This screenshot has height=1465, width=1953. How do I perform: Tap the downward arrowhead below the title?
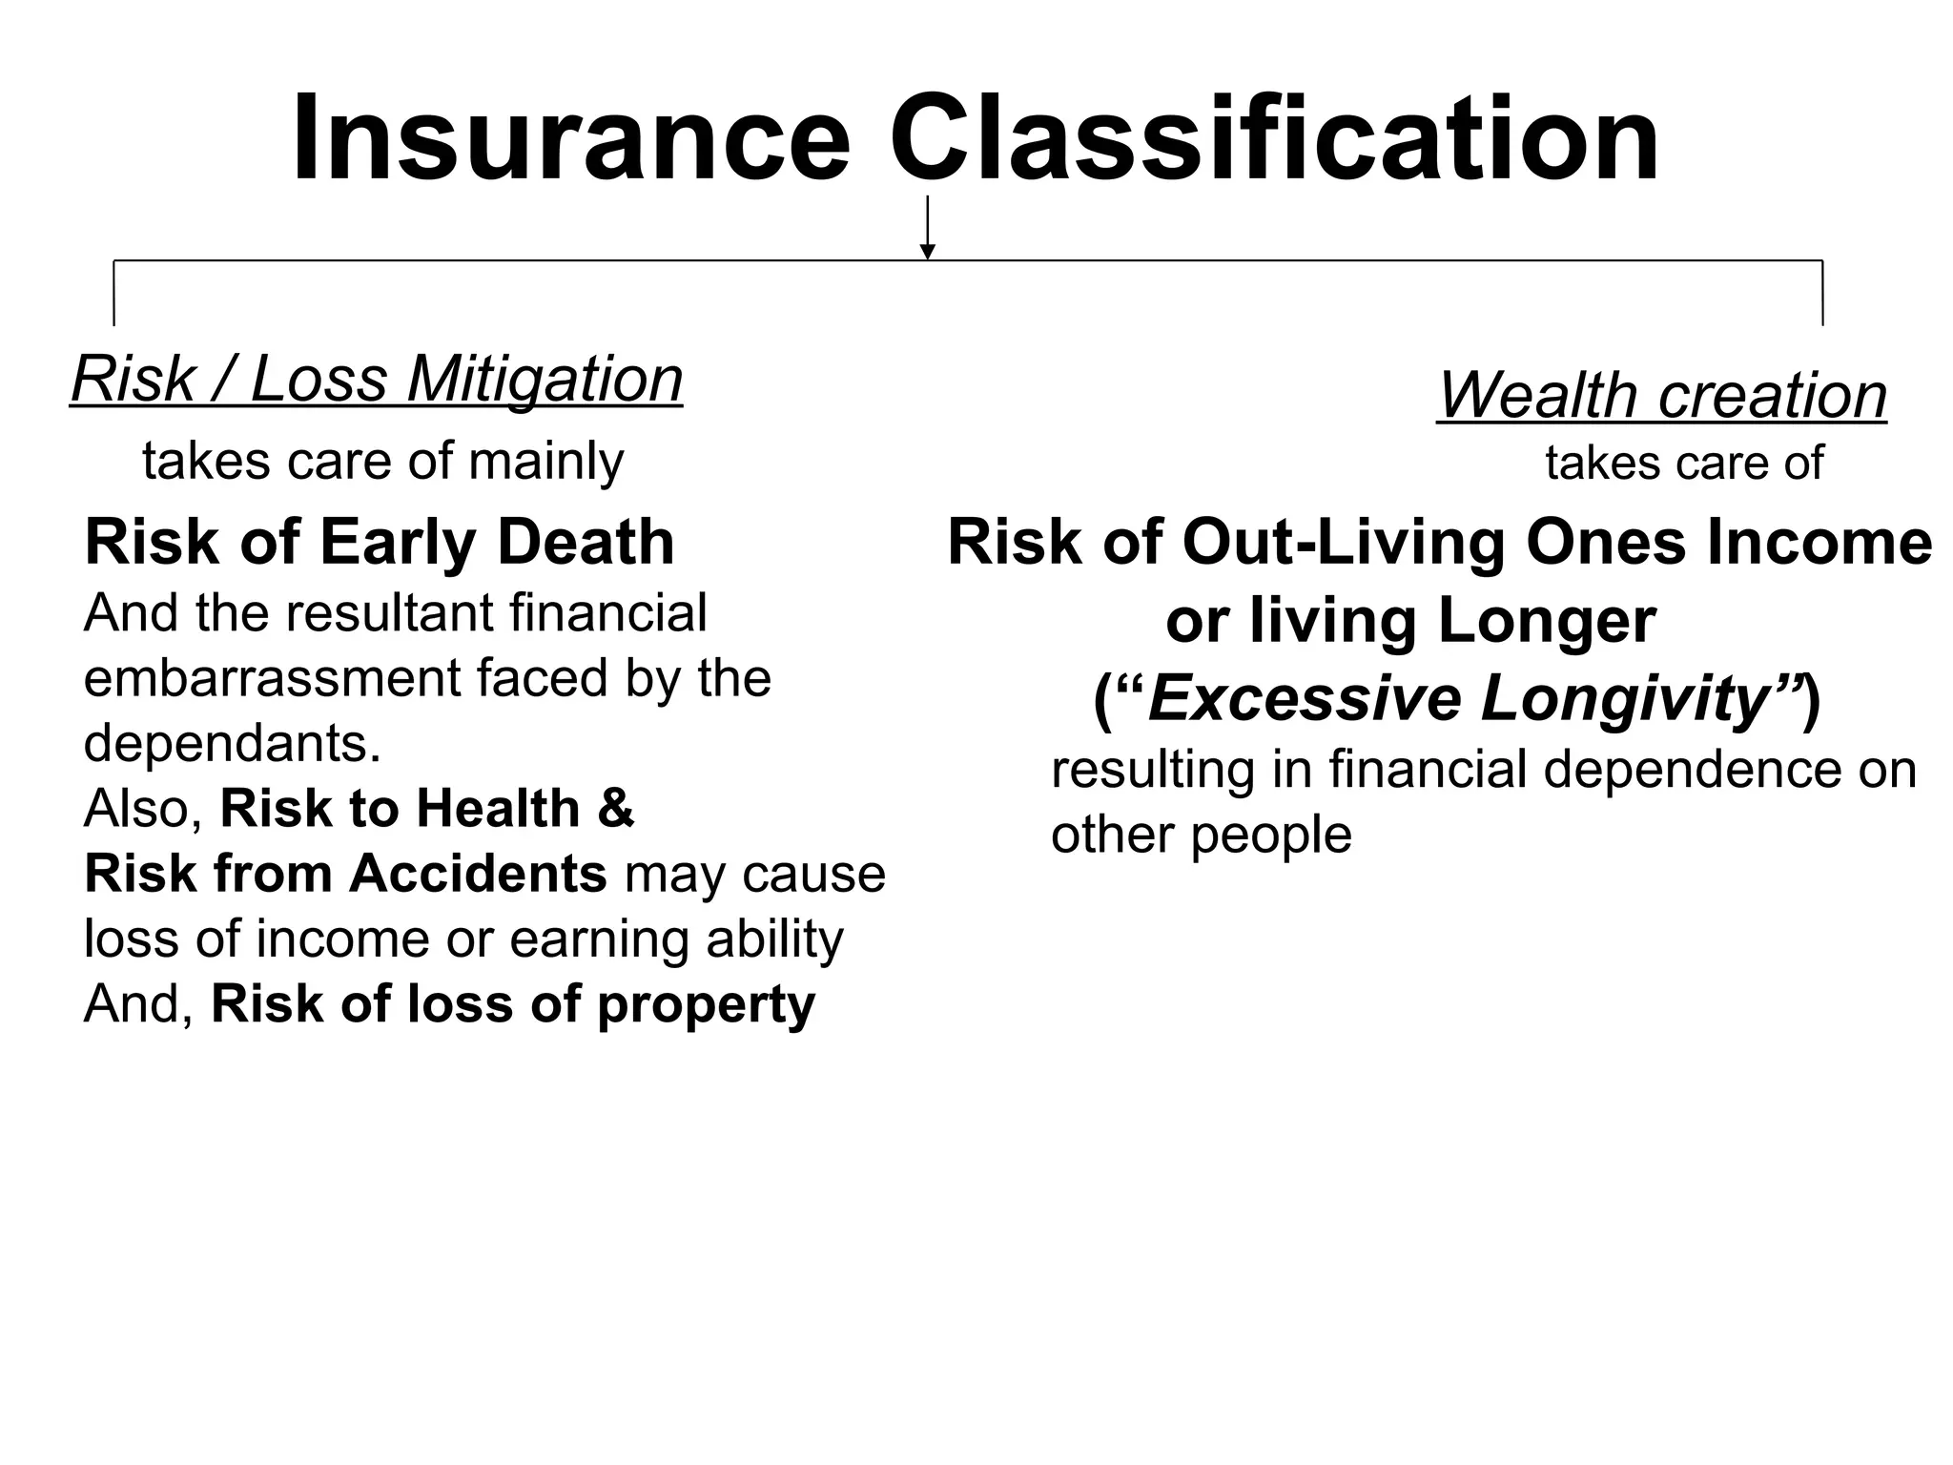pos(927,252)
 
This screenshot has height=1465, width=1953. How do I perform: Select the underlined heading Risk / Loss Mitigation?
pos(377,380)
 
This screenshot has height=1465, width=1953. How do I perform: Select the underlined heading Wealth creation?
pos(1661,395)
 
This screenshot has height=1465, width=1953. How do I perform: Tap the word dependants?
pos(232,743)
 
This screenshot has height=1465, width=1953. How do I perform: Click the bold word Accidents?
pos(478,874)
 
